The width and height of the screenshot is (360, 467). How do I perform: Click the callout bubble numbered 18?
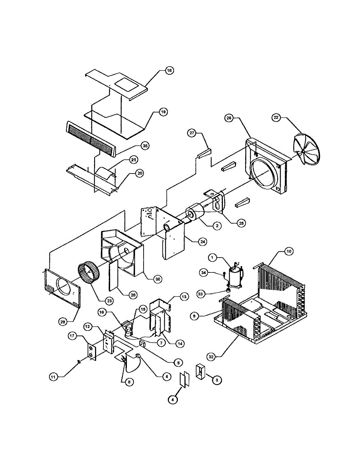pos(169,71)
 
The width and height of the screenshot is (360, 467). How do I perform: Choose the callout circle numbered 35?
pos(145,146)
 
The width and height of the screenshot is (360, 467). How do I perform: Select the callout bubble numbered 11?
pos(53,376)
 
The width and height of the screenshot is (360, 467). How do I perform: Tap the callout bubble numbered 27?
pos(192,133)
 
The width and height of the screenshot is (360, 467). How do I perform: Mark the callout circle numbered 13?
pos(184,297)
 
